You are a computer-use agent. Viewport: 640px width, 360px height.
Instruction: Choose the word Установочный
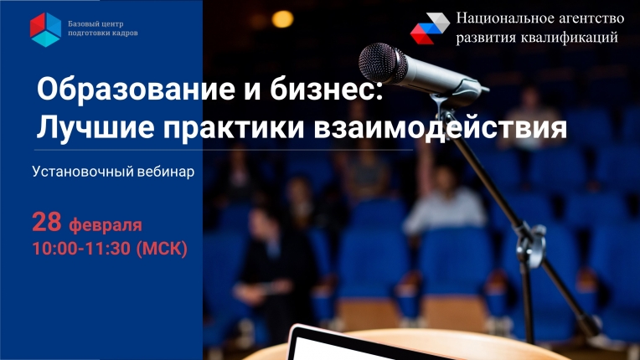click(83, 172)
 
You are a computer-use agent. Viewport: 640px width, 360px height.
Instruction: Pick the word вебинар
click(166, 172)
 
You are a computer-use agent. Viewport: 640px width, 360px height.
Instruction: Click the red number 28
click(47, 222)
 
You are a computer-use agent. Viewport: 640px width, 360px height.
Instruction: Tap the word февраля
click(106, 225)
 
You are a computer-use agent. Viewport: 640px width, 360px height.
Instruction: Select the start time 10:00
click(57, 249)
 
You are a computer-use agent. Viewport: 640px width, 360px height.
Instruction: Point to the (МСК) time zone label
click(162, 249)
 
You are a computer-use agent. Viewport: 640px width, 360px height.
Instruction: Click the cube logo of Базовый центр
click(46, 29)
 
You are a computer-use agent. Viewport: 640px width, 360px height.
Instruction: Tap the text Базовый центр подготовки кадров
click(103, 28)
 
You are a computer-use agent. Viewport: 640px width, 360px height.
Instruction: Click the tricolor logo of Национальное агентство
click(430, 28)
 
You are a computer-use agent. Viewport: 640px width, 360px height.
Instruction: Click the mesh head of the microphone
click(382, 64)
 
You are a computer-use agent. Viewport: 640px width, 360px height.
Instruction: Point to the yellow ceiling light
click(282, 19)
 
